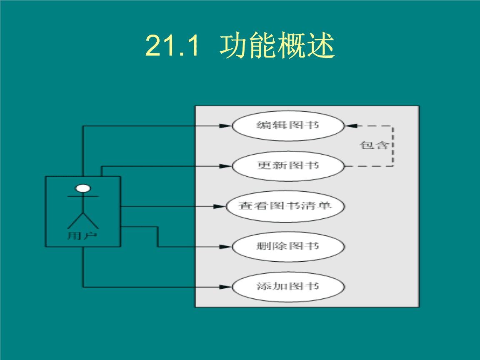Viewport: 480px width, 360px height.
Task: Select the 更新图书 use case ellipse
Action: [x=288, y=166]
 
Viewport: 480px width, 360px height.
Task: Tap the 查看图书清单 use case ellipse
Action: [x=285, y=206]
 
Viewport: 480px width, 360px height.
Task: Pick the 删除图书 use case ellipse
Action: [x=288, y=247]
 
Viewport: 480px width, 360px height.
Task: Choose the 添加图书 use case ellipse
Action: [x=288, y=287]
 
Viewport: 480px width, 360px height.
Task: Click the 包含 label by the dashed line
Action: [x=374, y=145]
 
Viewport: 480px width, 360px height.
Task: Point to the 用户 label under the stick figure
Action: [x=82, y=236]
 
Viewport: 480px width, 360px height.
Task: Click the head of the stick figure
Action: [x=83, y=188]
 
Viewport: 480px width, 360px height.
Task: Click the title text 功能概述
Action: [x=277, y=46]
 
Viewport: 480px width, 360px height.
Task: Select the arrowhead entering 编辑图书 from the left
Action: [x=226, y=126]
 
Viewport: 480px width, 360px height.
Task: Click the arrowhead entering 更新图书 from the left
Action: [x=226, y=166]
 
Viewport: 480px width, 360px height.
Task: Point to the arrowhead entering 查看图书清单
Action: [x=220, y=206]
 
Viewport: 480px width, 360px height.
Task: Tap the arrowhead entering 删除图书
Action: [x=226, y=247]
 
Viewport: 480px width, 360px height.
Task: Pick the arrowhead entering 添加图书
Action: [x=226, y=287]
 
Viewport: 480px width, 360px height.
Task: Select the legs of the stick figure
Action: [x=83, y=220]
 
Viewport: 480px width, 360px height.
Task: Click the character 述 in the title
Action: [x=321, y=46]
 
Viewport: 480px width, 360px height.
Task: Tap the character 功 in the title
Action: [x=233, y=46]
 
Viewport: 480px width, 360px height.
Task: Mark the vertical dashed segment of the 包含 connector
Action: [x=393, y=146]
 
